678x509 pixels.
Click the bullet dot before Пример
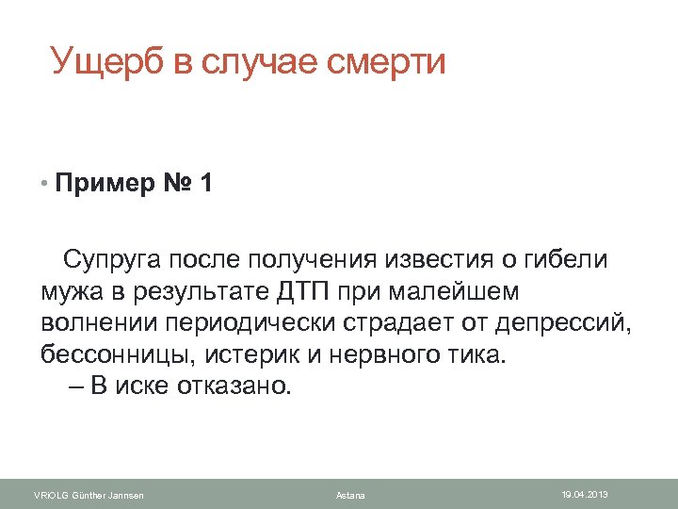pyautogui.click(x=44, y=183)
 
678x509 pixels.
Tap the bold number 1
pyautogui.click(x=206, y=183)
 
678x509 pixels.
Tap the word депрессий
pyautogui.click(x=570, y=323)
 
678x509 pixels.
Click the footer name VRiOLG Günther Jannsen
pyautogui.click(x=89, y=496)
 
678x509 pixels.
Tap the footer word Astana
pyautogui.click(x=350, y=496)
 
